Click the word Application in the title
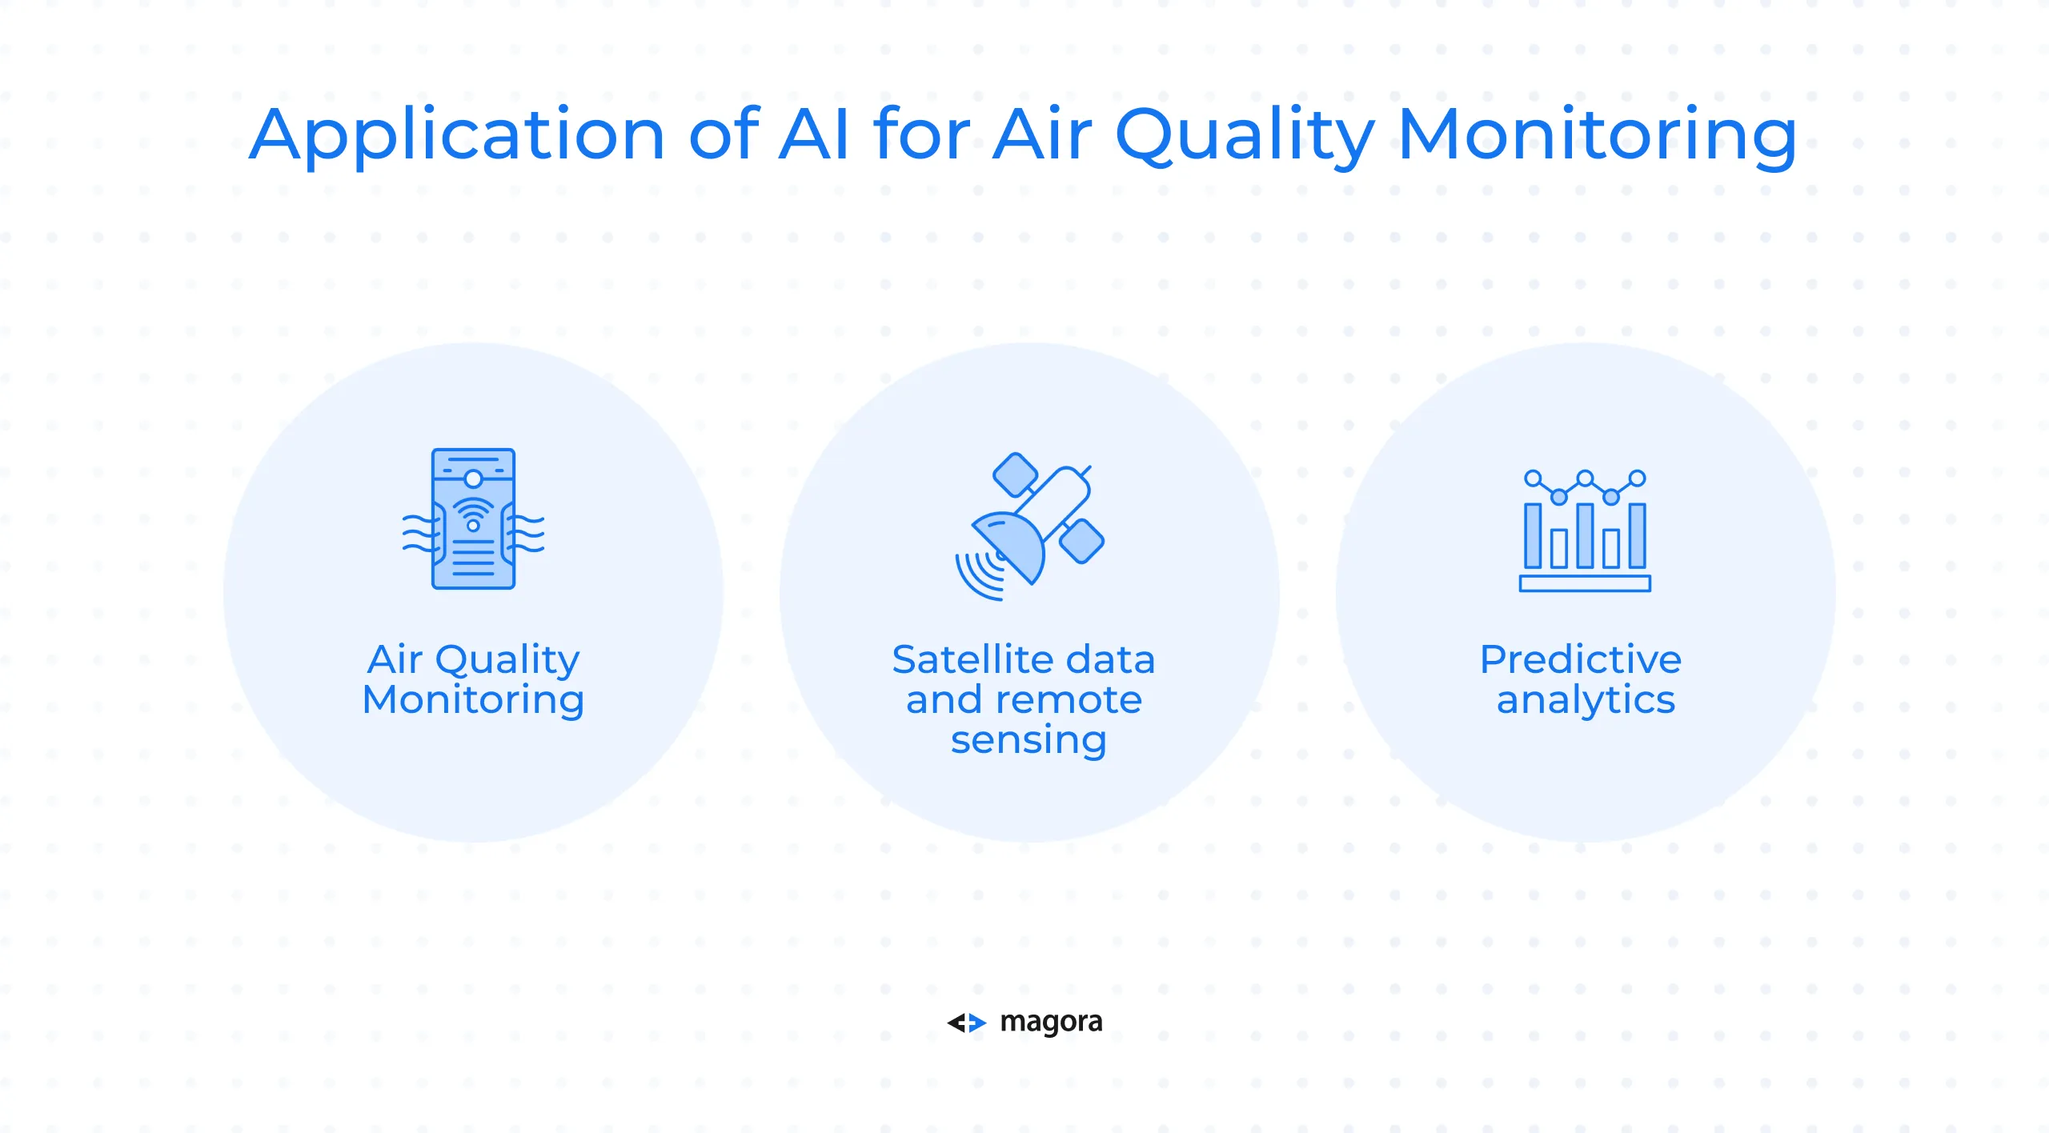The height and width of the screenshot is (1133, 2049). coord(457,136)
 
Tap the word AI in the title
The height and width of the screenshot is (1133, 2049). coord(814,134)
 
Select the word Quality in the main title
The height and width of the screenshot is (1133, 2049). coord(1245,137)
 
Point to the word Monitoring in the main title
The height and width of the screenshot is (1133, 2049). coord(1598,137)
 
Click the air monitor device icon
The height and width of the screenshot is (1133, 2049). coord(473,518)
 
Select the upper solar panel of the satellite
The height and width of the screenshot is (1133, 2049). coord(1015,474)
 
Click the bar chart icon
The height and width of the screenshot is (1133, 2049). coord(1585,530)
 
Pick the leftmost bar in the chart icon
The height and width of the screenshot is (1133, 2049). coord(1533,535)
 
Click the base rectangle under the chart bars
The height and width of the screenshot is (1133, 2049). coord(1585,583)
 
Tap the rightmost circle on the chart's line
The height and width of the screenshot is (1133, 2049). coord(1638,478)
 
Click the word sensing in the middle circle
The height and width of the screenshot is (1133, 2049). coord(1029,741)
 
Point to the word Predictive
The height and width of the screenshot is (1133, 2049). coord(1581,660)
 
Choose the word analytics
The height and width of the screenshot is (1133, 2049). coord(1586,701)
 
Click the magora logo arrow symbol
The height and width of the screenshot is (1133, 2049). coord(967,1023)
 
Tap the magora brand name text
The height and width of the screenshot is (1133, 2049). coord(1052,1023)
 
